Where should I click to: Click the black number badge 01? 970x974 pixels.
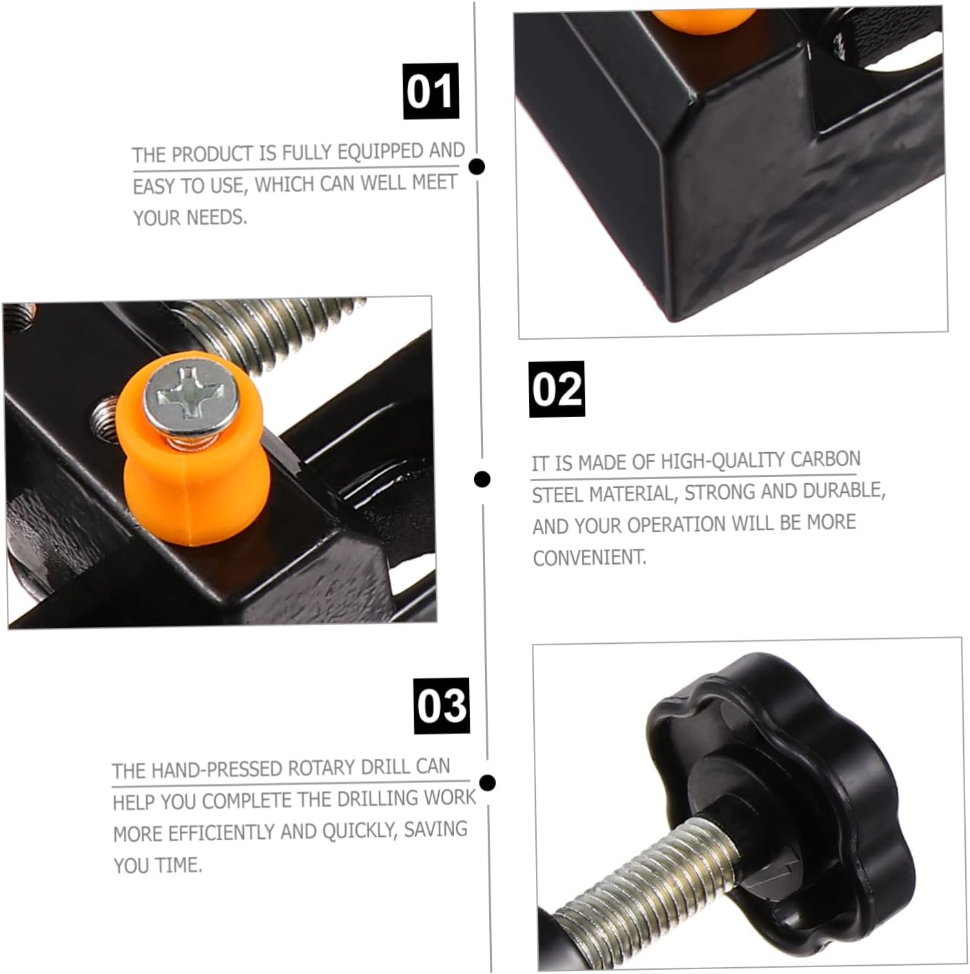pyautogui.click(x=431, y=91)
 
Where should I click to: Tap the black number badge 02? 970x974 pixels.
pyautogui.click(x=557, y=389)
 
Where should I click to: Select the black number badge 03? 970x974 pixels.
pyautogui.click(x=442, y=706)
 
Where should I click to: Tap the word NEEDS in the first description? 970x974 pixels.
pyautogui.click(x=217, y=218)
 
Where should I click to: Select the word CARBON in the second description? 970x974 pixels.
pyautogui.click(x=825, y=459)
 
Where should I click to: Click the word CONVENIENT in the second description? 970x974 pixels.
pyautogui.click(x=590, y=558)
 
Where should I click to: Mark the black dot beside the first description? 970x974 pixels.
pyautogui.click(x=477, y=166)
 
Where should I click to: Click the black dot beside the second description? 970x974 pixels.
pyautogui.click(x=482, y=478)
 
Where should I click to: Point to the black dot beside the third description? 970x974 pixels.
pyautogui.click(x=487, y=782)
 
